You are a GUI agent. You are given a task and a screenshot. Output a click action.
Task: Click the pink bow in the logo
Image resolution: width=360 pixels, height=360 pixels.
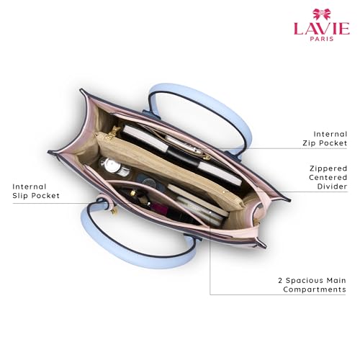[322, 14]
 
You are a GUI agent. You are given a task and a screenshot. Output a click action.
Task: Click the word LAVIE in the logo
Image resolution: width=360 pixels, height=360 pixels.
[322, 29]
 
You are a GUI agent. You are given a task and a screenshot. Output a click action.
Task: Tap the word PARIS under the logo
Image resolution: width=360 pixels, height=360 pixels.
[322, 39]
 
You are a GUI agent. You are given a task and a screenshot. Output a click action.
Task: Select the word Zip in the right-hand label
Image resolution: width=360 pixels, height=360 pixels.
[309, 143]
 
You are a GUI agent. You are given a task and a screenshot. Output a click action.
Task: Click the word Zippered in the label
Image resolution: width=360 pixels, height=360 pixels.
[328, 168]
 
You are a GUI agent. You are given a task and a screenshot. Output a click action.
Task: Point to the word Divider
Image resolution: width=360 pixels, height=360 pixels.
[332, 186]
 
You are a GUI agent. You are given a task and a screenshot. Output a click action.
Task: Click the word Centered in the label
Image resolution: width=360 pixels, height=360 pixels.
[328, 177]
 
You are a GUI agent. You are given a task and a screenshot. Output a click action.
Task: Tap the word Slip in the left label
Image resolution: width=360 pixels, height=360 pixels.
[20, 196]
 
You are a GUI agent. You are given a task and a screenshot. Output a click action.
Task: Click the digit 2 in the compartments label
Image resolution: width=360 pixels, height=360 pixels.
[280, 280]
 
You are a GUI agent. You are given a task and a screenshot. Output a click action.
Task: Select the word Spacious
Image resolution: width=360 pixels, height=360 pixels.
[305, 281]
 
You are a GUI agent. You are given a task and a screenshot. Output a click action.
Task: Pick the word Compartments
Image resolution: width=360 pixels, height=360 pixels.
[315, 289]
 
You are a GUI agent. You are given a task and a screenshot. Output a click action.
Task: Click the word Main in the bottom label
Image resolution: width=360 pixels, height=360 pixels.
[336, 280]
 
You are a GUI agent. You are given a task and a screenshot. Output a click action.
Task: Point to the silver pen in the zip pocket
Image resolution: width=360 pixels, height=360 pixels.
[183, 145]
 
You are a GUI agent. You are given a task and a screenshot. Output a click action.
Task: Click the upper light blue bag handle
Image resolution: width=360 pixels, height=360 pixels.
[201, 113]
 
